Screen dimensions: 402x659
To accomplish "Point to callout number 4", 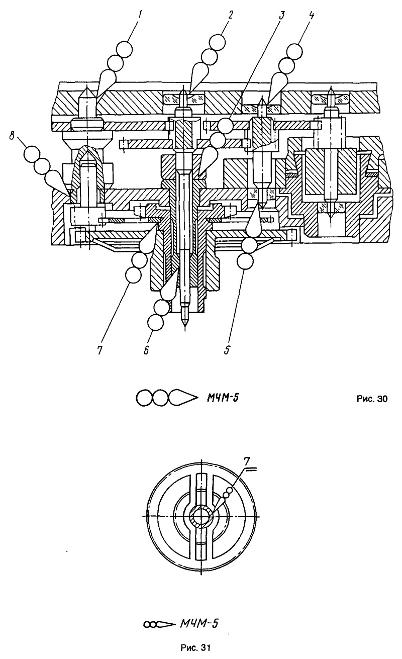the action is pyautogui.click(x=311, y=15).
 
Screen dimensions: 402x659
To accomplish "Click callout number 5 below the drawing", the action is pyautogui.click(x=227, y=350).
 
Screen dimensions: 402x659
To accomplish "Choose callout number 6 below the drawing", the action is pyautogui.click(x=146, y=350).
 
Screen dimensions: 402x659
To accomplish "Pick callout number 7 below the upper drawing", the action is pyautogui.click(x=100, y=350).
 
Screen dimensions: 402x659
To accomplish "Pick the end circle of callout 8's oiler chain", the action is pyautogui.click(x=32, y=154).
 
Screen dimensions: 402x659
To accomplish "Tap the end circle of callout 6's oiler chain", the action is pyautogui.click(x=155, y=322).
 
